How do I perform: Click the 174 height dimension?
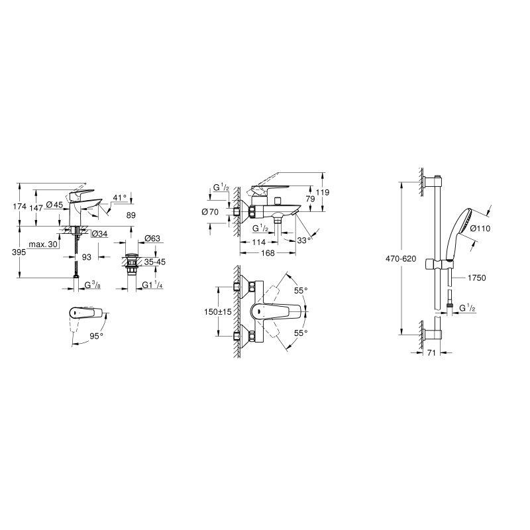click(21, 207)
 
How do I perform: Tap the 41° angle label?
click(119, 198)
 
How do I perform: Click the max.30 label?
click(42, 245)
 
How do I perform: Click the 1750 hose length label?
click(476, 278)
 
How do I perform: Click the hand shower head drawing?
click(463, 225)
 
